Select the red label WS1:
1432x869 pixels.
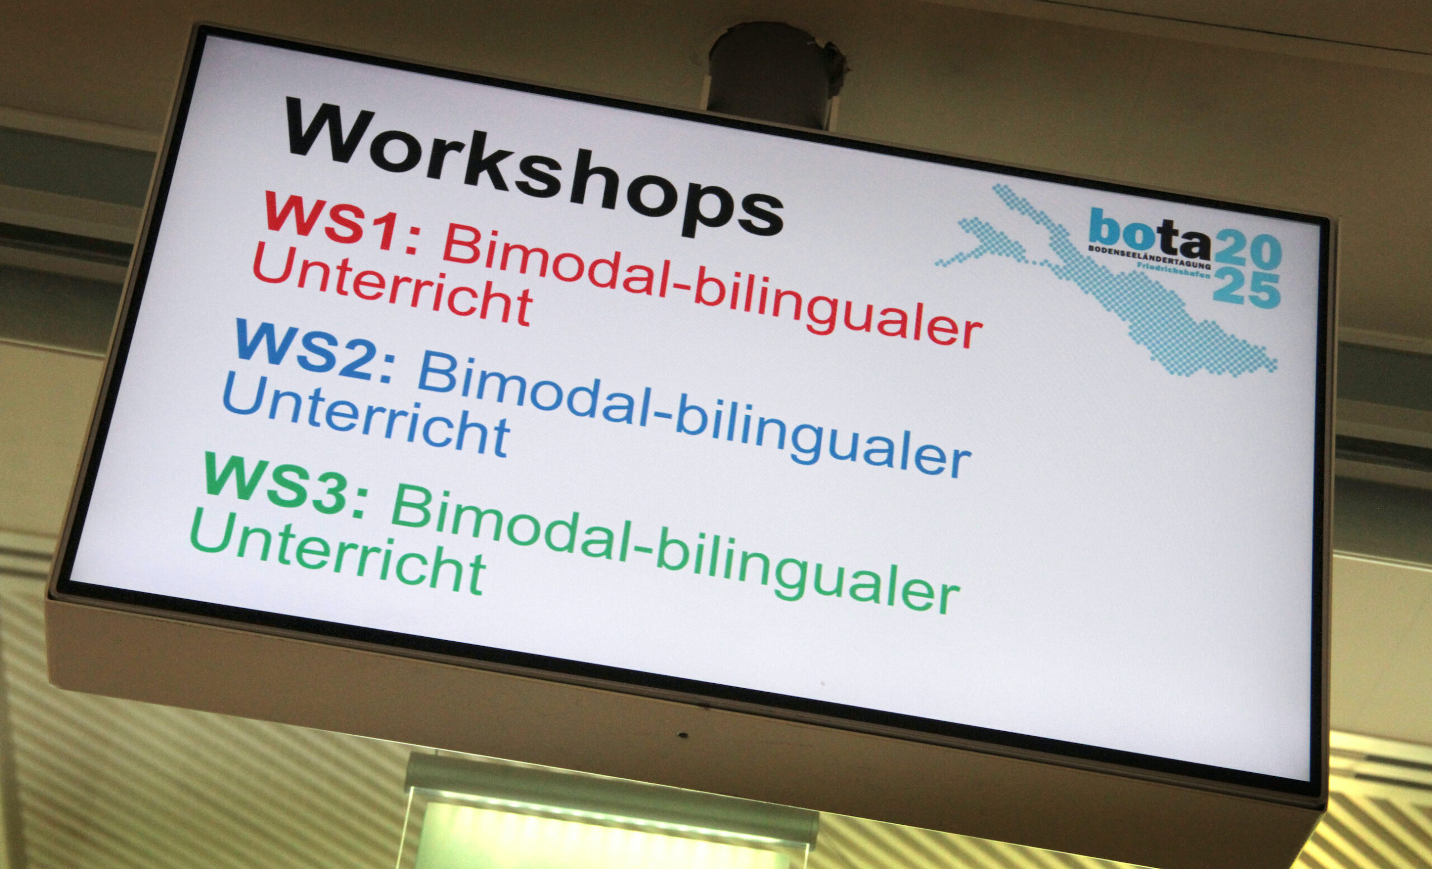tap(342, 223)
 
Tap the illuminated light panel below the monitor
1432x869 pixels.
tap(610, 825)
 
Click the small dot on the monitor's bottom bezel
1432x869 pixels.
tap(684, 735)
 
